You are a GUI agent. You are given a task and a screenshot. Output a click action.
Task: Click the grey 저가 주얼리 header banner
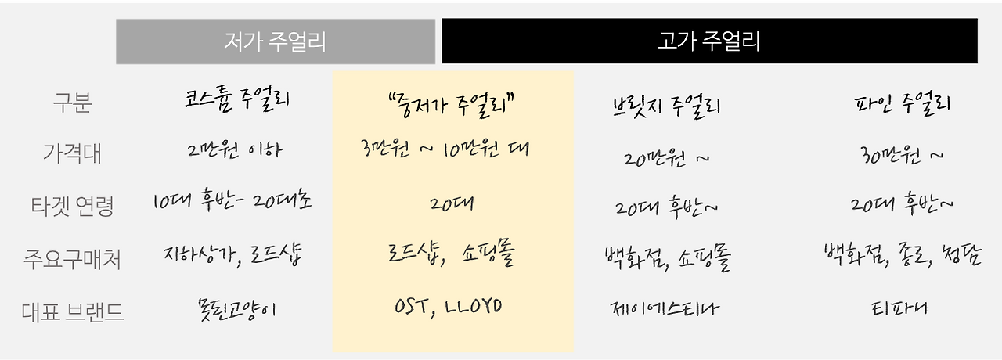click(275, 41)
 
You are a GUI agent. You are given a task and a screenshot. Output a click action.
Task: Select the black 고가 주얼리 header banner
click(709, 41)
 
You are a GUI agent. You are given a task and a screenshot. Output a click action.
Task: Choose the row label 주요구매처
click(72, 259)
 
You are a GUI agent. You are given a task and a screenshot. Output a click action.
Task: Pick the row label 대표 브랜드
click(72, 311)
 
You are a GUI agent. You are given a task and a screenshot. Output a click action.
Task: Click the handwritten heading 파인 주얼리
click(902, 104)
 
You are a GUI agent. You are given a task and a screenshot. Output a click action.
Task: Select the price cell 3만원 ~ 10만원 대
click(445, 149)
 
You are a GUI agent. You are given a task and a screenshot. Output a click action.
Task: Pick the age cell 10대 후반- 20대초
click(232, 203)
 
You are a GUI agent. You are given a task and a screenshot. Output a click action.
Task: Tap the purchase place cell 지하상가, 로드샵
click(232, 254)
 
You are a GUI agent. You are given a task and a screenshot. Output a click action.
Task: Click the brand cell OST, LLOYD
click(448, 305)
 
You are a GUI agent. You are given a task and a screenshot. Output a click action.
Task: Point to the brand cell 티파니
click(900, 308)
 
